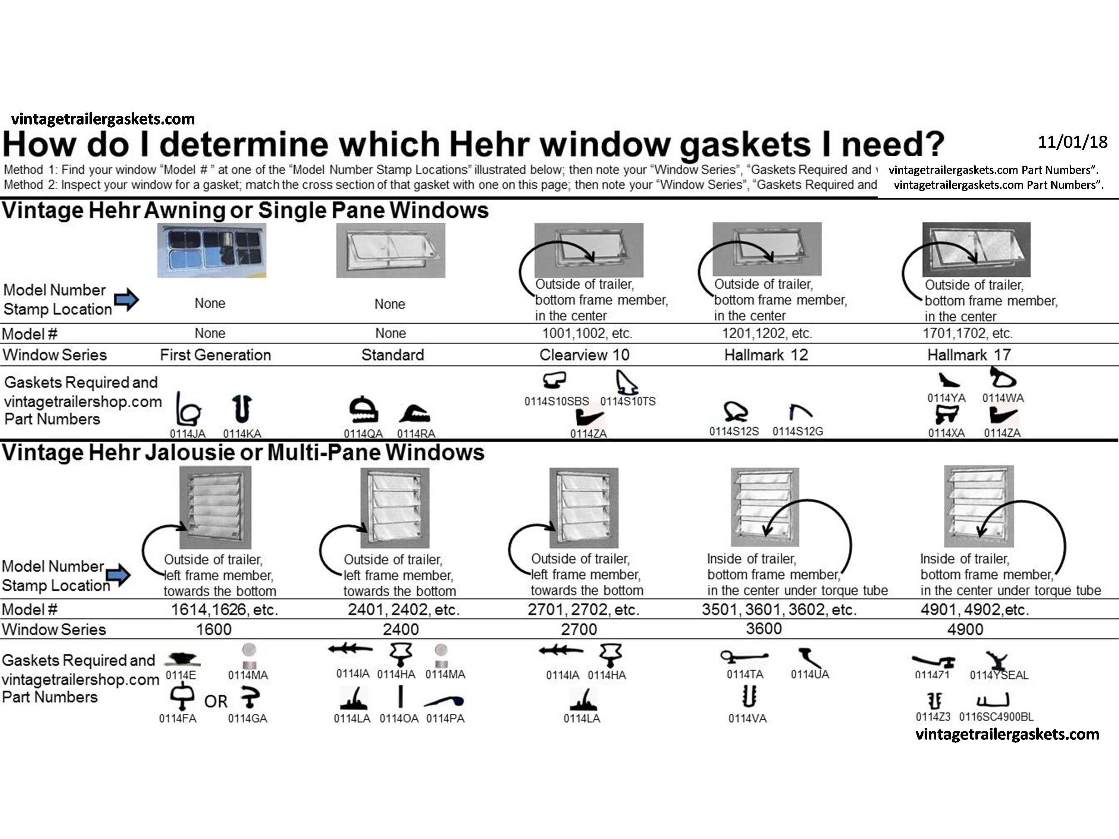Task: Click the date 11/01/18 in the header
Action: [x=1072, y=142]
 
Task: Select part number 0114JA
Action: [x=187, y=433]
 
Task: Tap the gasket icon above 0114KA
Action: [x=242, y=409]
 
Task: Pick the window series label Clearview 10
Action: [x=584, y=355]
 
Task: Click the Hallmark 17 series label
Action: [x=969, y=355]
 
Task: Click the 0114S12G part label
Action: [x=798, y=431]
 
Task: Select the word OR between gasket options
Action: [x=216, y=701]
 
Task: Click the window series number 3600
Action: [x=764, y=629]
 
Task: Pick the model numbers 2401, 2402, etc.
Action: [x=403, y=610]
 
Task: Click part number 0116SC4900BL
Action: [x=996, y=717]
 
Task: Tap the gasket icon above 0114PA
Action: [x=445, y=701]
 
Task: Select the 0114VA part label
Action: [x=747, y=718]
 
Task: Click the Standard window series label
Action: [x=392, y=355]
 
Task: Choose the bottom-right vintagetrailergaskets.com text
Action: [x=1007, y=734]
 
